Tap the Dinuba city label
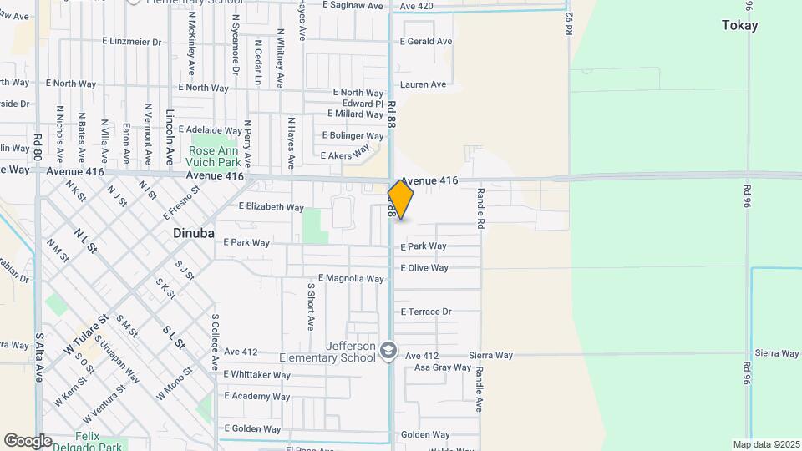(194, 233)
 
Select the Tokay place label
(739, 26)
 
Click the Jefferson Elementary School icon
(388, 351)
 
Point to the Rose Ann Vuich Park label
(215, 156)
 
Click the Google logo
(28, 440)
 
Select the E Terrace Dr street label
(426, 312)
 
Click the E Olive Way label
(424, 268)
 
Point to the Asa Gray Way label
(443, 367)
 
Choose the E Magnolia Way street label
(351, 278)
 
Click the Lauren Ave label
(423, 84)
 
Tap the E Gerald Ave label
(426, 42)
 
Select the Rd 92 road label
(569, 23)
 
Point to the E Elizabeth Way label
(272, 207)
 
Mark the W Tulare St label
(87, 333)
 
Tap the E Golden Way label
(251, 429)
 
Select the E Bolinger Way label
(353, 135)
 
